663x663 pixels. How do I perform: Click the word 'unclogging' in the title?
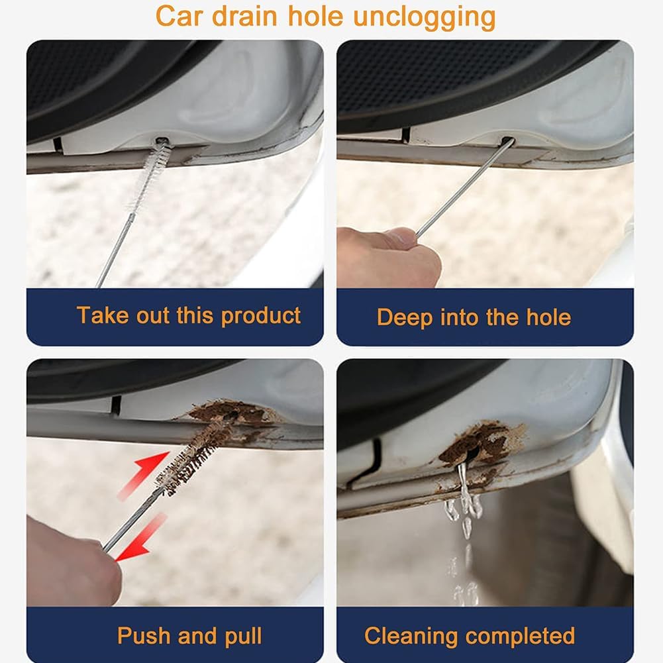pos(424,18)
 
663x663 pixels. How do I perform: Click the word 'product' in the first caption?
pos(260,317)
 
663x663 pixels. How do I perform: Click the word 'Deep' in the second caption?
pos(405,317)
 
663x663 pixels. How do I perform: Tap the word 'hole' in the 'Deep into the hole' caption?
pos(548,317)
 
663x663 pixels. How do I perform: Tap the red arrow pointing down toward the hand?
pos(140,538)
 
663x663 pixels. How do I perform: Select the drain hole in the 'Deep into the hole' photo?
pos(508,141)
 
